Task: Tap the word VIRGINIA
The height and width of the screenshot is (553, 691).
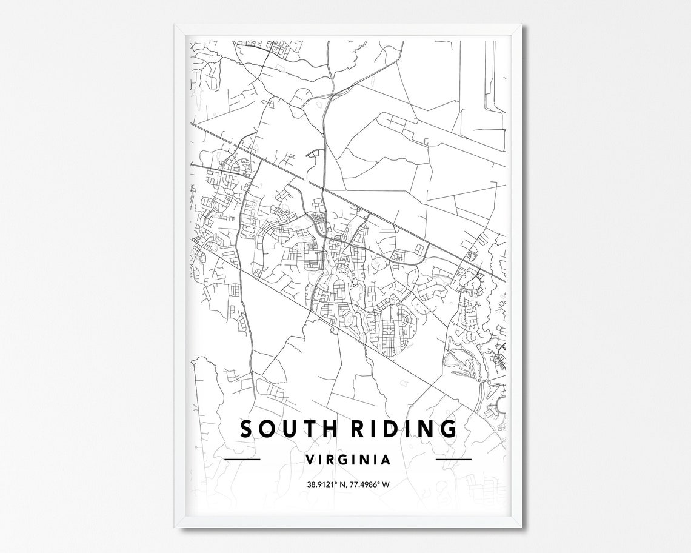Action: (x=348, y=459)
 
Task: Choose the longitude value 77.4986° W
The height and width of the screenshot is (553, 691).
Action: (x=371, y=484)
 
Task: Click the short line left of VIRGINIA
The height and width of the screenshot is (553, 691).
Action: (x=242, y=459)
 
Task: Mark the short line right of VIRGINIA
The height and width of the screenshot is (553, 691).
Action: (x=453, y=459)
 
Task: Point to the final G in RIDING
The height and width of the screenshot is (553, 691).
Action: (x=447, y=429)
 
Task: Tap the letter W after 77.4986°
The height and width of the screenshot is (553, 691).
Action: (x=386, y=484)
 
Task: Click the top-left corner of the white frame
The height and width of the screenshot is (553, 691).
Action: (x=176, y=25)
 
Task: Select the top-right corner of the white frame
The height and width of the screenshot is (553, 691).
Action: (x=521, y=25)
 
